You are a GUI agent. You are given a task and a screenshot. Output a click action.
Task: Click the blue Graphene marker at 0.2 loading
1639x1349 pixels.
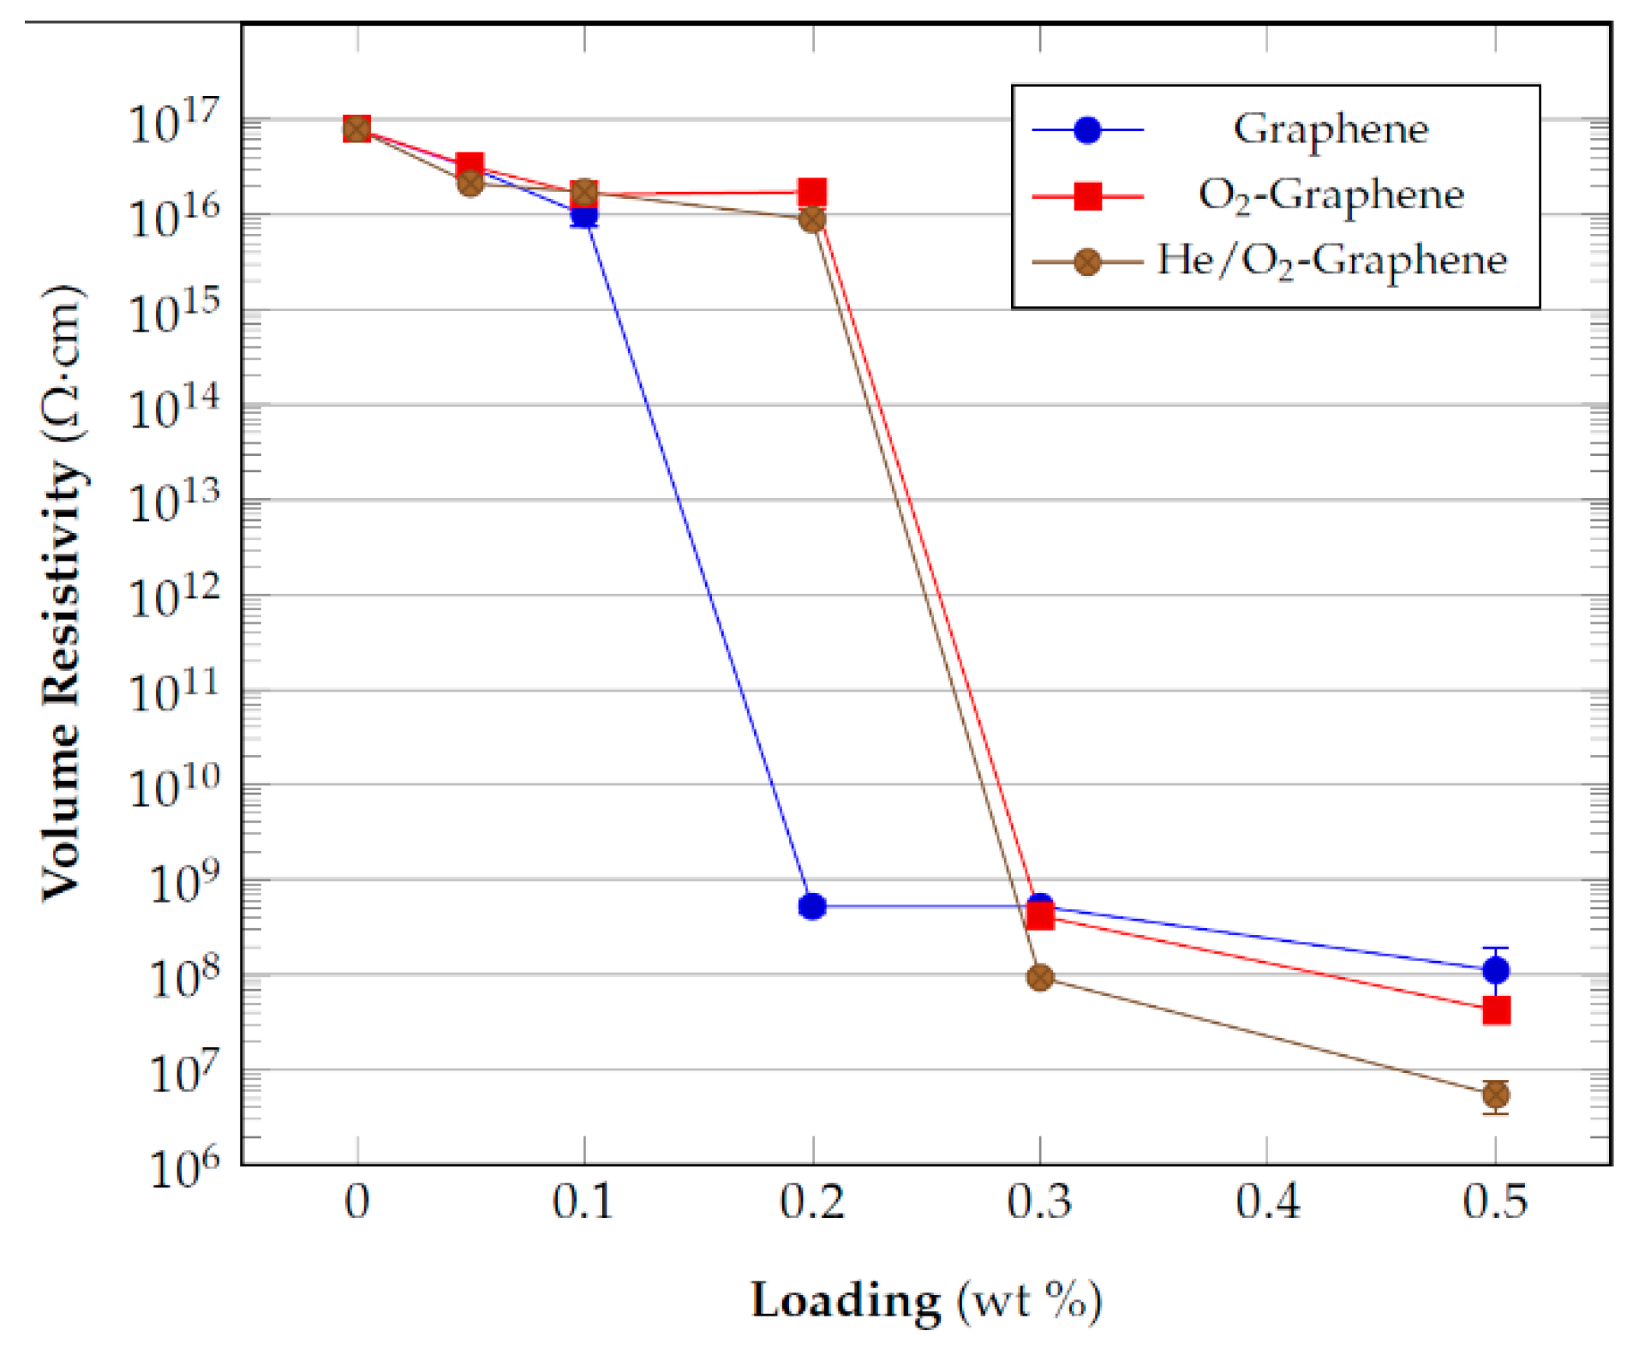tap(811, 906)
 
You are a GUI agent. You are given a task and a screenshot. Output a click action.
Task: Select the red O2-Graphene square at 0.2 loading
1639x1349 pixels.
tap(811, 192)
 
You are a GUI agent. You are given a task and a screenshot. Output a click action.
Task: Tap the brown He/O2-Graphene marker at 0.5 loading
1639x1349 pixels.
tap(1495, 1094)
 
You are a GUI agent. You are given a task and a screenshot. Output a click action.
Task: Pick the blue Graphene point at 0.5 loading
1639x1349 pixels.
tap(1495, 970)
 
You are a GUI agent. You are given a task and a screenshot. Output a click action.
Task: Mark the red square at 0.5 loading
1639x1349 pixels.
tap(1495, 1010)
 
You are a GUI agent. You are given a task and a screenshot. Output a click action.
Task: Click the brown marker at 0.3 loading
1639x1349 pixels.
tap(1039, 977)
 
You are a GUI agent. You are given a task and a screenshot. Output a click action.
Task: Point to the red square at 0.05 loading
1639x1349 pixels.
tap(470, 165)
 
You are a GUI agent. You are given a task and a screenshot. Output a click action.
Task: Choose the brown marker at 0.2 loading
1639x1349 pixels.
tap(811, 220)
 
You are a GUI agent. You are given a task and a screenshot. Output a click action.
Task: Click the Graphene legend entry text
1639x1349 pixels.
tap(1330, 129)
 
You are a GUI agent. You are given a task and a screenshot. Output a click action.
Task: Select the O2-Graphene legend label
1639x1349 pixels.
tap(1330, 195)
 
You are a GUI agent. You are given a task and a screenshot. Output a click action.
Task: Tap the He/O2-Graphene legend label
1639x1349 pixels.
tap(1331, 261)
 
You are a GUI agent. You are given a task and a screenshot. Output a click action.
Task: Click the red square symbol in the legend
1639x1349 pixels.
tap(1087, 196)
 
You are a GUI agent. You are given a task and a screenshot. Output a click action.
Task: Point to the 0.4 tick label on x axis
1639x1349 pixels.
tap(1267, 1202)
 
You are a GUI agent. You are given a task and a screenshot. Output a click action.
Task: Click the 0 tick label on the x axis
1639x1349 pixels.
tap(356, 1202)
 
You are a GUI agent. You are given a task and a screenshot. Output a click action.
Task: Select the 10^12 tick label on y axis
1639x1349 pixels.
tap(174, 596)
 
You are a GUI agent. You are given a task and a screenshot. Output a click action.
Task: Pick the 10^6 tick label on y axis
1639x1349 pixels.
tap(183, 1166)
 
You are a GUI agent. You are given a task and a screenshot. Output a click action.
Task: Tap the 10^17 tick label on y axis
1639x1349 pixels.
tap(174, 122)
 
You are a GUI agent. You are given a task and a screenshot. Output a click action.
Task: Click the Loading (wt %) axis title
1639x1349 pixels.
tap(926, 1301)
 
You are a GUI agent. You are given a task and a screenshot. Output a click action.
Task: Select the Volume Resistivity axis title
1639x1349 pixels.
tap(63, 591)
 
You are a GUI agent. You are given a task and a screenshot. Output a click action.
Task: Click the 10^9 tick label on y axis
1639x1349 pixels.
tap(183, 882)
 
